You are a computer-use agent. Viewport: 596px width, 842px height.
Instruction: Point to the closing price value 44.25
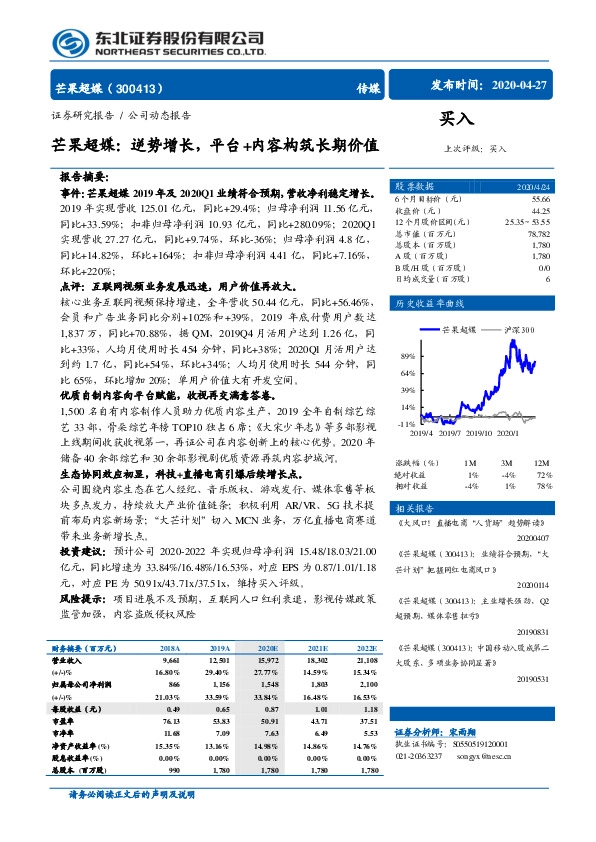pos(540,210)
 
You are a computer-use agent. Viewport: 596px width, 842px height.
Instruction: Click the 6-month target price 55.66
pos(540,200)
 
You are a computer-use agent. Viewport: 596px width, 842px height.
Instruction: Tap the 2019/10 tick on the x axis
pos(473,432)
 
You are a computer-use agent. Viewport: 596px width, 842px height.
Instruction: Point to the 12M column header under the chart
pos(543,464)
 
